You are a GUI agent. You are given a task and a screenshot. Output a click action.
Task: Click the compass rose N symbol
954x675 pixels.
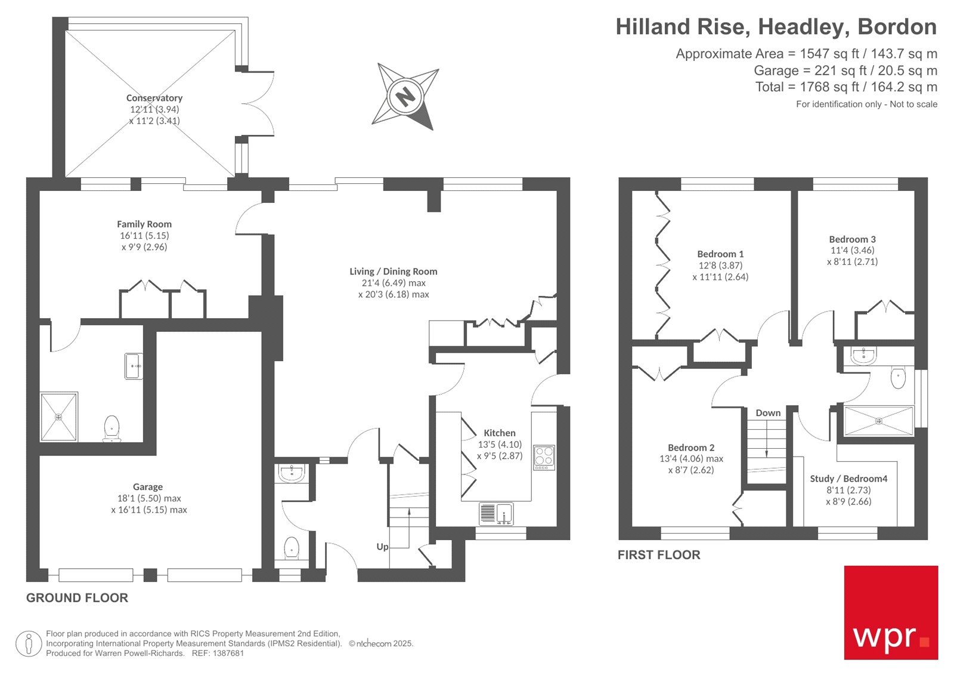(405, 96)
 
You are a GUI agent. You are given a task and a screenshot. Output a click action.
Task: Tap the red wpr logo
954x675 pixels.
(891, 612)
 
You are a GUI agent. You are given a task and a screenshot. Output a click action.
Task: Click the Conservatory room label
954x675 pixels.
(154, 98)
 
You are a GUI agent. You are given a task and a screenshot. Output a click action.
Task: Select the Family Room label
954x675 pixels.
(144, 224)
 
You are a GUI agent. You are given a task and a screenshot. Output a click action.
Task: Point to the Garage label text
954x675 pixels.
(148, 487)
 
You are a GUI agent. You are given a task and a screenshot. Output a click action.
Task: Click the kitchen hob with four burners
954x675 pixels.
(544, 457)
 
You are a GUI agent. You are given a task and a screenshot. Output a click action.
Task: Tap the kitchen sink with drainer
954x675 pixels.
(496, 513)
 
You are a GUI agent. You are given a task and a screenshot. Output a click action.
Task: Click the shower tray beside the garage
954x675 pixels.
(58, 417)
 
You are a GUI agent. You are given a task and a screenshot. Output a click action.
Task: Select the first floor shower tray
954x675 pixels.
(878, 421)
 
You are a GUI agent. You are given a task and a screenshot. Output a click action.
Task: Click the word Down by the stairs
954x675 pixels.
(768, 413)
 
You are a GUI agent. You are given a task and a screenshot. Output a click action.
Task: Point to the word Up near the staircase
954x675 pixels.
(382, 547)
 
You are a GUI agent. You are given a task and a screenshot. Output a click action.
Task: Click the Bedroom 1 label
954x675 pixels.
(720, 254)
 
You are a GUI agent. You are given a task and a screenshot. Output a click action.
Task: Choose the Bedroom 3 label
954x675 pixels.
(852, 239)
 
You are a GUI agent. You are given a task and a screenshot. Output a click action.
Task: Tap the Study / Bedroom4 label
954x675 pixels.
(848, 479)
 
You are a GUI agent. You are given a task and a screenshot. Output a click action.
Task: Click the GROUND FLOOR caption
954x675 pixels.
(77, 598)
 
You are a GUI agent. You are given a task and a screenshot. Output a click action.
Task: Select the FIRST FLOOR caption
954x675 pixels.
(659, 555)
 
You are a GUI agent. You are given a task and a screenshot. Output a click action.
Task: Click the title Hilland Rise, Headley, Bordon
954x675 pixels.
(776, 27)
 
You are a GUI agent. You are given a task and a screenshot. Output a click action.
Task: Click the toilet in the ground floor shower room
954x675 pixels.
(111, 428)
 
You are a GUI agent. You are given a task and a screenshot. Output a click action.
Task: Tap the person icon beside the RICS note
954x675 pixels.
(29, 644)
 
